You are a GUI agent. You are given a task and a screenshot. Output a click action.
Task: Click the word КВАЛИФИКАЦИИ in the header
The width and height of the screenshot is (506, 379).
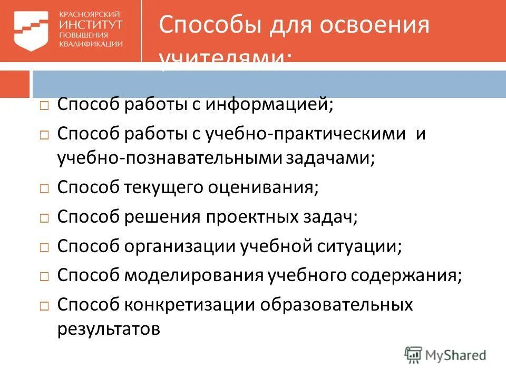point(91,44)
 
